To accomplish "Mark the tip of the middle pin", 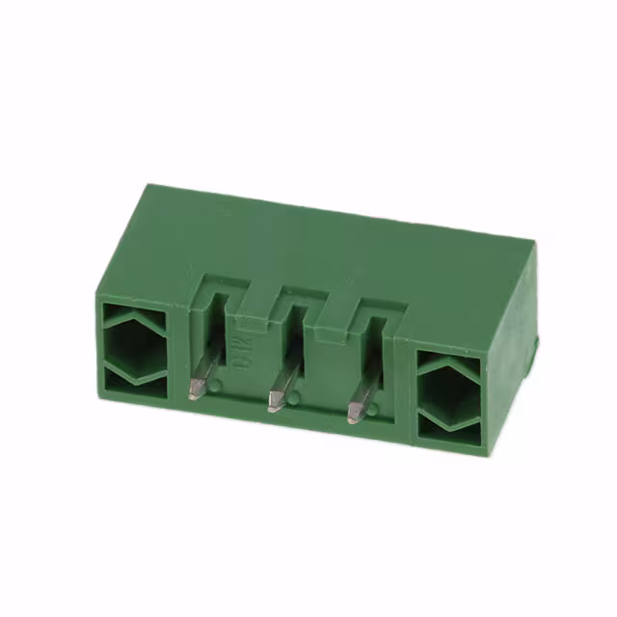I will click(x=275, y=403).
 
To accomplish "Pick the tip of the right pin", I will click(x=353, y=416).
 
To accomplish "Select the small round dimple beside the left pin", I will click(x=217, y=385).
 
